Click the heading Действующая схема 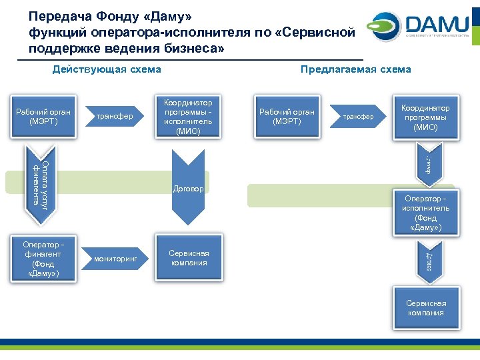(x=107, y=69)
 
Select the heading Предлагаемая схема (x=355, y=69)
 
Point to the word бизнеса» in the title (x=195, y=47)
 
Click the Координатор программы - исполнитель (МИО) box (x=188, y=117)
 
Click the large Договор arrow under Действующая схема (x=188, y=187)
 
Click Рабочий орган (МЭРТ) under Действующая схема (x=43, y=117)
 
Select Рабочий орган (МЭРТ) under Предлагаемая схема (x=287, y=117)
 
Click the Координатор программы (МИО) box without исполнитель (x=425, y=117)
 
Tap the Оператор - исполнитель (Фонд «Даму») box (x=425, y=213)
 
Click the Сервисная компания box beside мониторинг (x=188, y=258)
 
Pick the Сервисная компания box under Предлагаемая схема (x=425, y=307)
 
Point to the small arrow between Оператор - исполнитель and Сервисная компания (x=427, y=260)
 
